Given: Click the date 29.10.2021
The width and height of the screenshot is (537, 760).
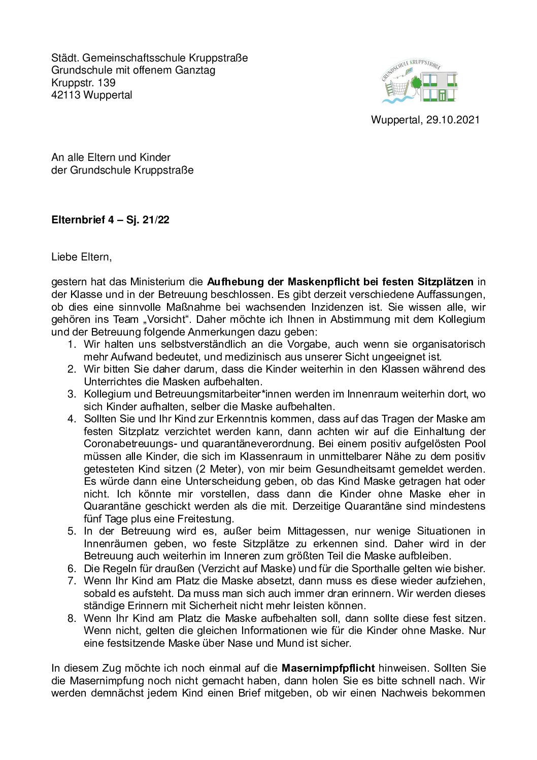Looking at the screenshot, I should tap(452, 120).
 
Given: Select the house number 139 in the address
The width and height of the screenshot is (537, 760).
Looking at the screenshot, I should tap(107, 83).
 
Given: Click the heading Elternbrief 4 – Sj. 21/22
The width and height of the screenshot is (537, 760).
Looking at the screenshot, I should tap(110, 220).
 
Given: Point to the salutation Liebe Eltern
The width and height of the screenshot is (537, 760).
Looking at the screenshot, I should tap(81, 257).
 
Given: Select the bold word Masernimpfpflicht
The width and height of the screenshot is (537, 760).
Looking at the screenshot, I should tap(328, 668).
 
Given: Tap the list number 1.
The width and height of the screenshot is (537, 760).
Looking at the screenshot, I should tap(72, 344).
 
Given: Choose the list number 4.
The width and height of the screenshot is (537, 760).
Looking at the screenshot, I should tap(72, 419).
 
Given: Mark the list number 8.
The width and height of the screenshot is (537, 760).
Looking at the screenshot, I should tap(72, 618).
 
